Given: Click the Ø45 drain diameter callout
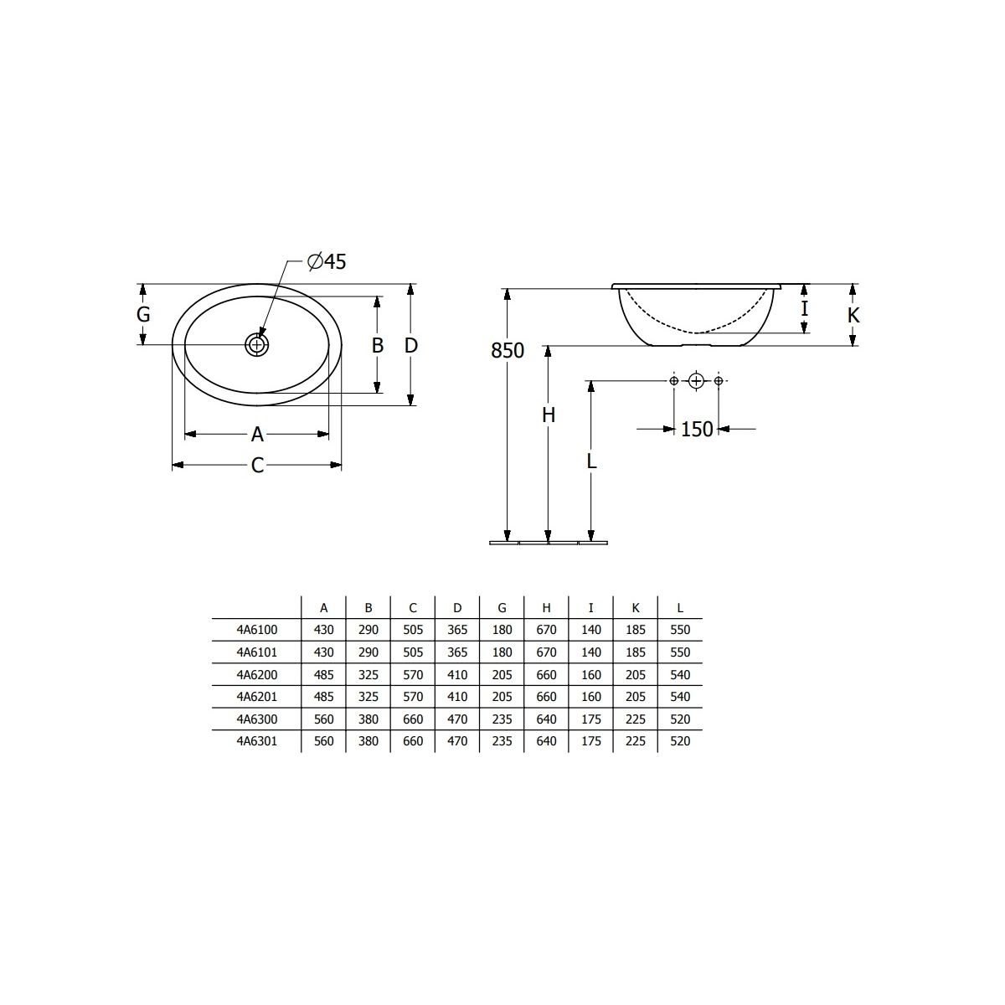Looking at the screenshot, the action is tap(327, 261).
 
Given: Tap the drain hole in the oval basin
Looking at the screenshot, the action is tap(256, 345).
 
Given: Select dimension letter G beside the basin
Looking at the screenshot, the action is tap(143, 315).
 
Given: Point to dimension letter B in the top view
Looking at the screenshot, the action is tap(378, 345).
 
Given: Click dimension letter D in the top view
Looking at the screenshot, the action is tap(411, 345).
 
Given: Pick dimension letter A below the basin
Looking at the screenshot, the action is tap(257, 434).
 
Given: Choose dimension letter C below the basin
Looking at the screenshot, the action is tap(257, 465).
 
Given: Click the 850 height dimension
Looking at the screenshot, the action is tap(508, 351).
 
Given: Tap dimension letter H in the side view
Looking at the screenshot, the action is tap(548, 415).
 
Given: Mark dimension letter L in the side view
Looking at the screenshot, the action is tap(591, 461).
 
